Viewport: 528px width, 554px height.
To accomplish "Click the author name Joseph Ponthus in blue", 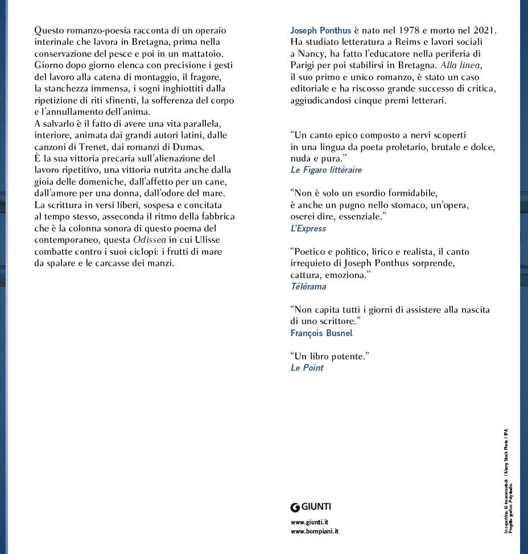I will click(x=320, y=30).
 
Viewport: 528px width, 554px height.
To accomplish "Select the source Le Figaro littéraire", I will click(x=325, y=169).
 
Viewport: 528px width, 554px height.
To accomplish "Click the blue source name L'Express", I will click(x=308, y=228).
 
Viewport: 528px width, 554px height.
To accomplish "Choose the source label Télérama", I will click(x=308, y=286).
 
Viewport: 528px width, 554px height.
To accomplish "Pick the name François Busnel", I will click(x=321, y=333).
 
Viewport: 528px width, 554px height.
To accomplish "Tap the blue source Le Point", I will click(x=307, y=367).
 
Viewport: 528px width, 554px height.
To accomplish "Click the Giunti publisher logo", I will click(x=311, y=507).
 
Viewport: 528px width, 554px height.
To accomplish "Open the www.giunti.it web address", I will click(x=309, y=522).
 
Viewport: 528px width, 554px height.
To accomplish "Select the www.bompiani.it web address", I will click(x=314, y=531).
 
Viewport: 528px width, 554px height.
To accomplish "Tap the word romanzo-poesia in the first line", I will click(x=98, y=30).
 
